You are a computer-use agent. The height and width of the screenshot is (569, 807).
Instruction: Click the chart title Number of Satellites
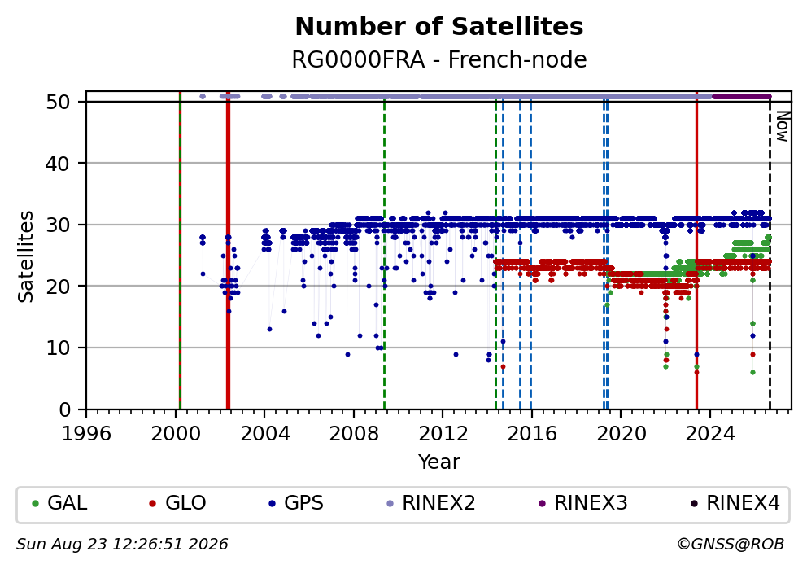pos(439,27)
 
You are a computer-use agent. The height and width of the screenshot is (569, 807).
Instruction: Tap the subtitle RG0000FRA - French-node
pos(439,59)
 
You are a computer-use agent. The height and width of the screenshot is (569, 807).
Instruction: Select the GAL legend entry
pos(59,502)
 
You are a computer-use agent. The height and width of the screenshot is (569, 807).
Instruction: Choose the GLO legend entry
pos(177,502)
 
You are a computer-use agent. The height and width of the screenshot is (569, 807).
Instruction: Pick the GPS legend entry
pos(296,502)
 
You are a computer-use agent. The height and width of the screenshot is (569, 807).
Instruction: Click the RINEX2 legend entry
pos(431,502)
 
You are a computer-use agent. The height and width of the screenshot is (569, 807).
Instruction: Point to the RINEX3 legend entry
pos(583,502)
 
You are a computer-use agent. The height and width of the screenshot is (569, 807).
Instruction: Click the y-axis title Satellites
pos(25,256)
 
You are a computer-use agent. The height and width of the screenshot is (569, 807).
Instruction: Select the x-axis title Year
pos(439,462)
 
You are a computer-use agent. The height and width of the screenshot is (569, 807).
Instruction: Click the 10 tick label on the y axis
pos(58,348)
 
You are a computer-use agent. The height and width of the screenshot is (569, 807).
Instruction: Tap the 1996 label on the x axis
pos(86,434)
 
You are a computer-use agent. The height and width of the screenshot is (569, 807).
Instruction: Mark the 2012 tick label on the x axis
pos(443,434)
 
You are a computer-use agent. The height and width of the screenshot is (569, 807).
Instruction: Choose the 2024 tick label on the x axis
pos(710,434)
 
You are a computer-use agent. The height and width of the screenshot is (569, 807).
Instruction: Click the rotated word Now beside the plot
pos(783,127)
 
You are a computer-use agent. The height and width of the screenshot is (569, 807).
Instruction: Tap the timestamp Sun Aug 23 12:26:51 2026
pos(122,545)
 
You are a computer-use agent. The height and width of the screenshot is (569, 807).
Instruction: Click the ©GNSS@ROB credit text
pos(731,545)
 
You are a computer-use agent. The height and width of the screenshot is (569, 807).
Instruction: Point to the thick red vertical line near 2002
pos(228,250)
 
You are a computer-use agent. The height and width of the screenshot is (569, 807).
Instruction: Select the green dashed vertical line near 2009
pos(384,250)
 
